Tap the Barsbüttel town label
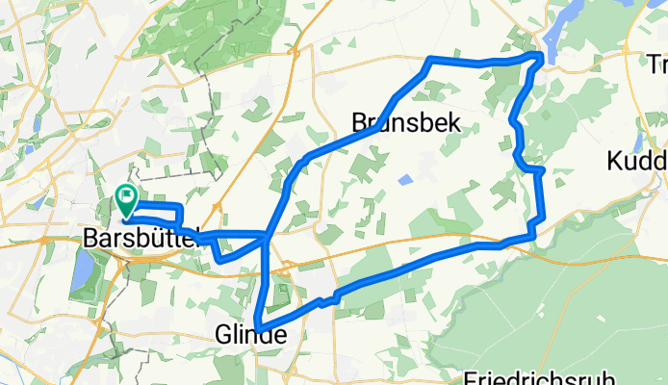point(140,237)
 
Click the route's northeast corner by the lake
point(540,60)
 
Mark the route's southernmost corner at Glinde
point(257,322)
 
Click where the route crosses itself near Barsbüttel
point(265,234)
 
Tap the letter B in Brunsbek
point(359,122)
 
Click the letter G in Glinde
point(221,335)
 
